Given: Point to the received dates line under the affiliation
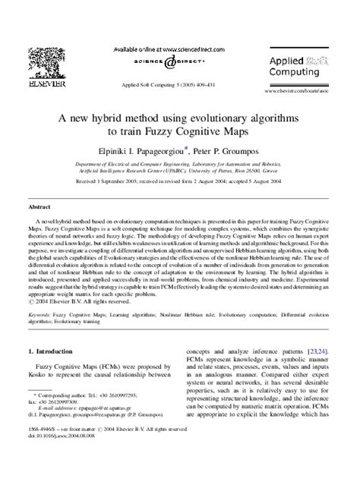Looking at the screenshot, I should [x=180, y=181].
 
